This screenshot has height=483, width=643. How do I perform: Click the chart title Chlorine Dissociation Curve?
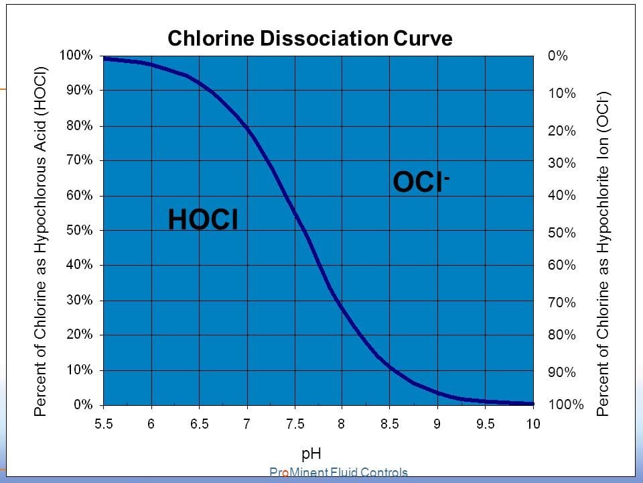pos(309,38)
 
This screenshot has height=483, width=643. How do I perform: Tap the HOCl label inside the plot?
pos(203,220)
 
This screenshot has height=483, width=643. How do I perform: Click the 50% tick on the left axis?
pos(78,230)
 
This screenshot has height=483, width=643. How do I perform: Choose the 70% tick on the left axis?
pos(78,160)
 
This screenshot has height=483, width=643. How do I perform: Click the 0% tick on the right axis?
pos(557,56)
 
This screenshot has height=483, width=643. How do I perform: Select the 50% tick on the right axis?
pos(561,233)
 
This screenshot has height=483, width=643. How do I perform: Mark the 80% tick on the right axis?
pos(561,334)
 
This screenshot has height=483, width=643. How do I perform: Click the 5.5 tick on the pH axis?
pos(103,423)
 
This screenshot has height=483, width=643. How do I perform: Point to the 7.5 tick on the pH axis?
pos(295,423)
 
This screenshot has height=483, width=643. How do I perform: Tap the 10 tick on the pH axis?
pos(532,423)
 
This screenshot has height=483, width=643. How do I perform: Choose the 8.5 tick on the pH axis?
pos(390,423)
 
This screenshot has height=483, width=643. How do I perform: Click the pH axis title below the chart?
pos(311,454)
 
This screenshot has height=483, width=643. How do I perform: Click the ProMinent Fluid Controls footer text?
pos(338,473)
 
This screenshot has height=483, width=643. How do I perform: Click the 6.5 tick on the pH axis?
pos(199,423)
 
